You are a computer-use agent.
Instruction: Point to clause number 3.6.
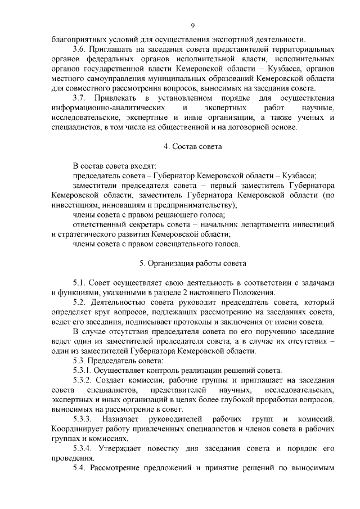[x=80, y=49]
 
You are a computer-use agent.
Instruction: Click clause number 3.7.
[x=80, y=98]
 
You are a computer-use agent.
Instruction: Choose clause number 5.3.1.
[x=84, y=370]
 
